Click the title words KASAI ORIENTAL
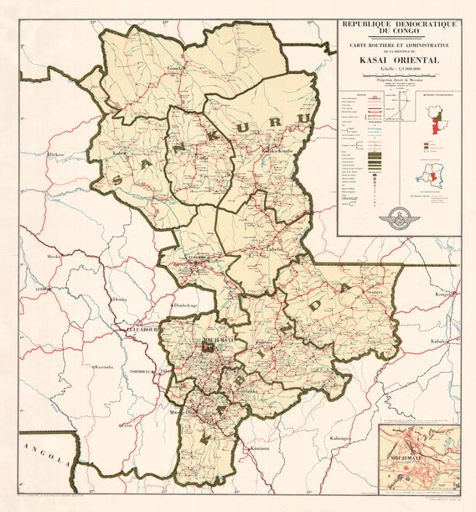pos(398,60)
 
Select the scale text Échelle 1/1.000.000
pos(398,69)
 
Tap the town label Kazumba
pos(103,368)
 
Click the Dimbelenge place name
pos(185,306)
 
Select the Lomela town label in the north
pos(175,70)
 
